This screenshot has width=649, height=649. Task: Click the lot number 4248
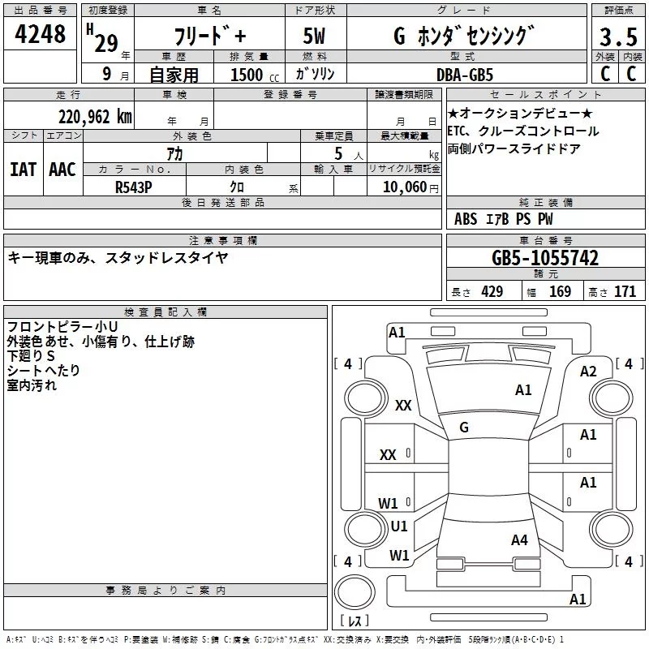[x=40, y=34]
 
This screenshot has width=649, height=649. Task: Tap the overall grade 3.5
[x=618, y=37]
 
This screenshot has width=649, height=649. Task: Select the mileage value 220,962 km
[x=95, y=117]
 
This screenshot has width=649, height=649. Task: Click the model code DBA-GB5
[x=465, y=75]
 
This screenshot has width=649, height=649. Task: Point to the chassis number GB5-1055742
[x=545, y=258]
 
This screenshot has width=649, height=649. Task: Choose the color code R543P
[x=133, y=187]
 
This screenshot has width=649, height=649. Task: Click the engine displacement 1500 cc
[x=255, y=75]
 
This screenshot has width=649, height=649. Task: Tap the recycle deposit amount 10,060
[x=405, y=187]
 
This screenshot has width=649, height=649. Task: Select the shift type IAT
[x=23, y=170]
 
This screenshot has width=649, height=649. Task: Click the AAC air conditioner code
[x=62, y=170]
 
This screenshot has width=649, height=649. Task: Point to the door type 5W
[x=314, y=36]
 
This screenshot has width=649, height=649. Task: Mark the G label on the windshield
[x=464, y=428]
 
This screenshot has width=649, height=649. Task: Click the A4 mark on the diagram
[x=519, y=539]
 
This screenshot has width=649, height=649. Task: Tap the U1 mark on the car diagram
[x=399, y=526]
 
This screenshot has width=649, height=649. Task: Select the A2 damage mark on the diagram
[x=588, y=372]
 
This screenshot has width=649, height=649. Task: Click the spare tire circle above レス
[x=355, y=592]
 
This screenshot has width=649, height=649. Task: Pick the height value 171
[x=625, y=292]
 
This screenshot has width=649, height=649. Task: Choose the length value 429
[x=492, y=292]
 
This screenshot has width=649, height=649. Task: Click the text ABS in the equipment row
[x=466, y=219]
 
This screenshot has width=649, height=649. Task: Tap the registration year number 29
[x=106, y=44]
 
